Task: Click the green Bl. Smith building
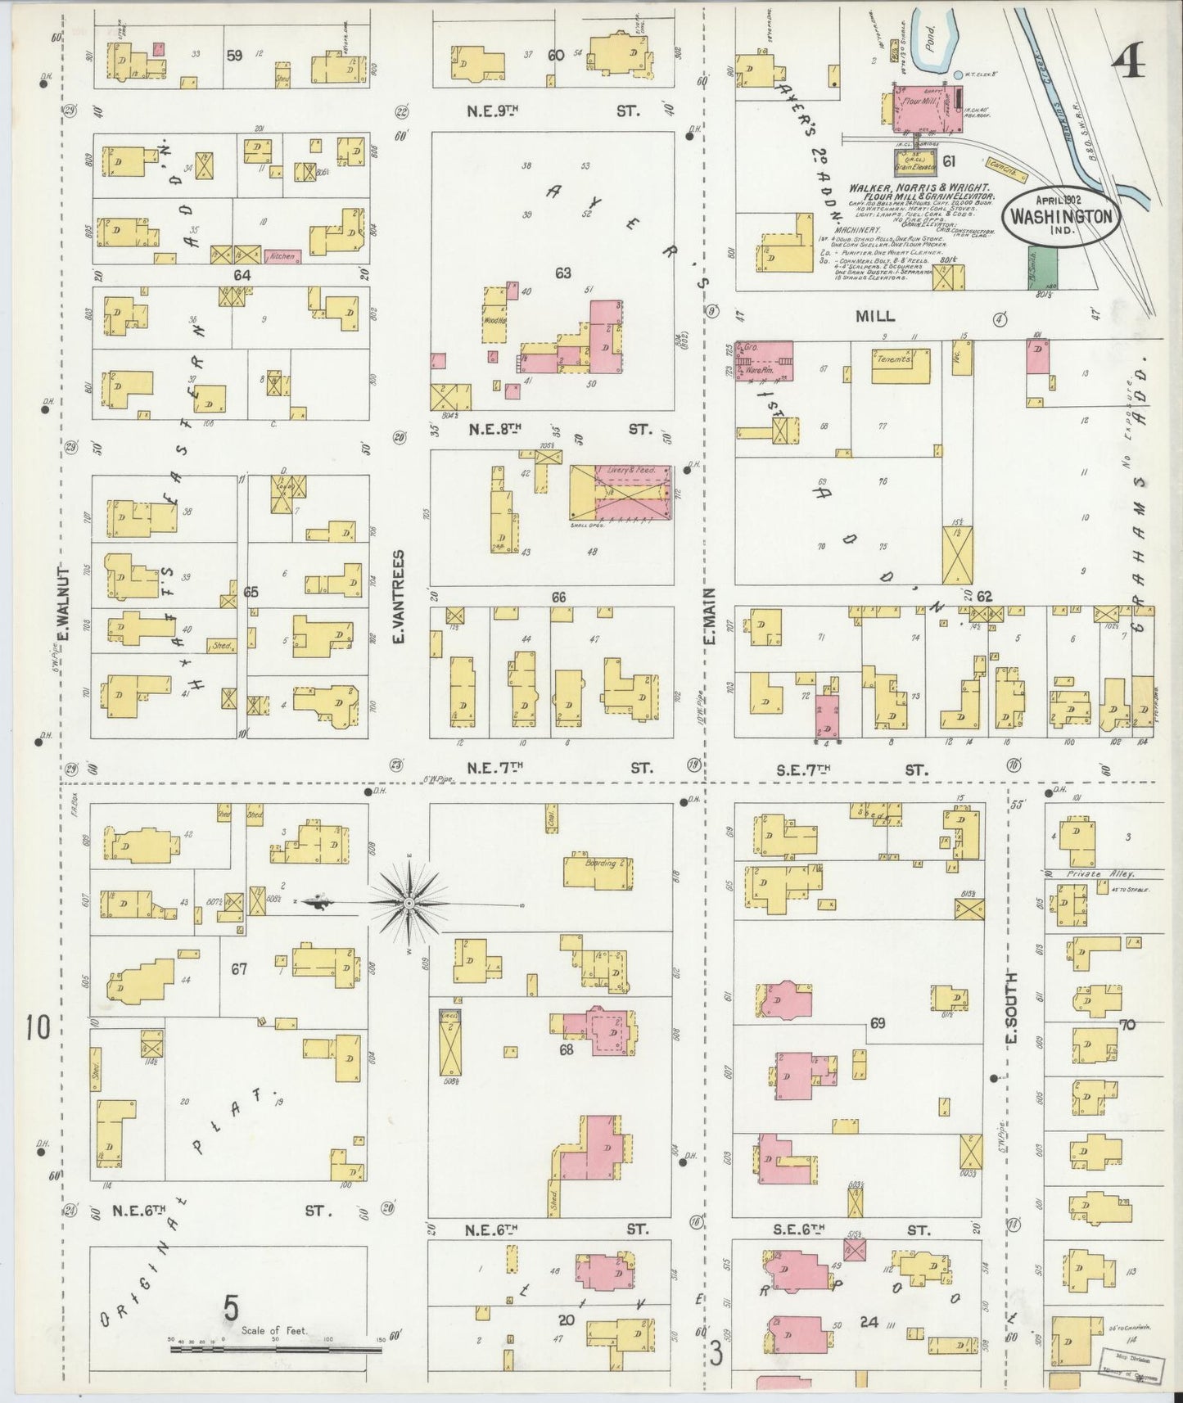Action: tap(1046, 268)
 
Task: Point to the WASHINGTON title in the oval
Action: tap(1062, 217)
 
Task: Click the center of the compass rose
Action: tap(407, 902)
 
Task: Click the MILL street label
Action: tap(875, 316)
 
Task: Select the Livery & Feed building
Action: tap(622, 494)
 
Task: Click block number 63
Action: tap(562, 273)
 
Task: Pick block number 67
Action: tap(238, 969)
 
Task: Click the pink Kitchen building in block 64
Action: tap(281, 256)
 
